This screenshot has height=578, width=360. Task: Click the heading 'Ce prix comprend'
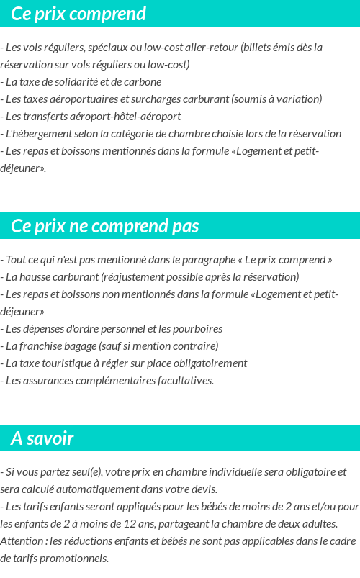(x=78, y=14)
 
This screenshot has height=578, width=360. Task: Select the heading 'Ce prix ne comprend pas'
(x=105, y=226)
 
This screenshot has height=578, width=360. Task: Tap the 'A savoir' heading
(x=42, y=438)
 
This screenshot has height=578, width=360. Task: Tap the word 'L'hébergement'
(x=38, y=134)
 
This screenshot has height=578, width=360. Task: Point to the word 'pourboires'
(x=197, y=329)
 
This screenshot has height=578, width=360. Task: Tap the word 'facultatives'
(x=182, y=381)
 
